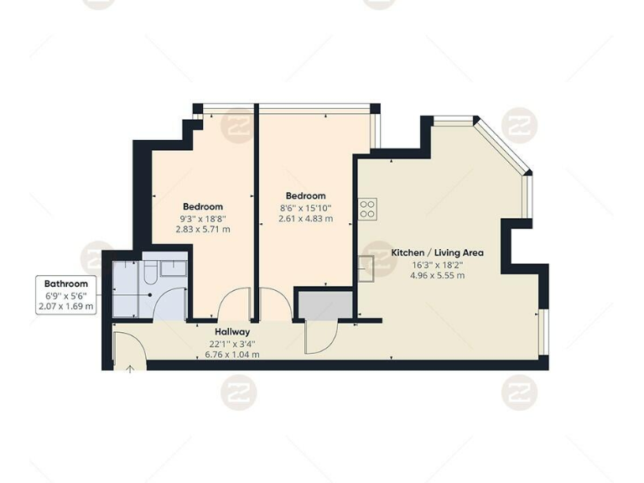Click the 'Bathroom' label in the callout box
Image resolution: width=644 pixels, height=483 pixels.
click(x=66, y=283)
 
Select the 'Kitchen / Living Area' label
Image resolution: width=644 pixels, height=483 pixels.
click(x=437, y=252)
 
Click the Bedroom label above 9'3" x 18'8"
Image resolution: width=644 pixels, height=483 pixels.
click(x=203, y=206)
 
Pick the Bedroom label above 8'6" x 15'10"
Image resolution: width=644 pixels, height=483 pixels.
click(x=305, y=195)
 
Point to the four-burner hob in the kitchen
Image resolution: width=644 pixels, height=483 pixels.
click(x=367, y=209)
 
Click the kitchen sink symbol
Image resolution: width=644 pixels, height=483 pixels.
click(x=366, y=268)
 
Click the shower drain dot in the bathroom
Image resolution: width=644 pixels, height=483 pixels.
click(x=148, y=294)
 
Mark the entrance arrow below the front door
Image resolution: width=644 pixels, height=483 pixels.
click(x=131, y=366)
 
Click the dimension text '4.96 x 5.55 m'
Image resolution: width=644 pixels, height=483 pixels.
click(x=437, y=275)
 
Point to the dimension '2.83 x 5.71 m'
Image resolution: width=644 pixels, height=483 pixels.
click(x=203, y=229)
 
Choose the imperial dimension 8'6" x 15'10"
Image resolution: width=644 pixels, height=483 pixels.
click(x=305, y=207)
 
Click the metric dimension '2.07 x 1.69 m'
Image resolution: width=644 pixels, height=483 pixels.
click(x=66, y=307)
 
